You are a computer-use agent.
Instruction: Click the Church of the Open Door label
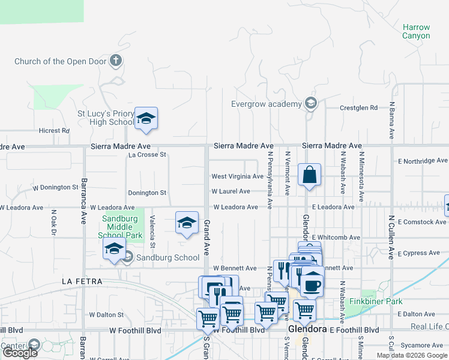coord(61,61)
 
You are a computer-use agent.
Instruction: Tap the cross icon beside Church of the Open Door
coord(116,61)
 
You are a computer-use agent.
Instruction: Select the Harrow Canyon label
coord(416,32)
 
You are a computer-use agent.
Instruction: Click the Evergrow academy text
coord(267,104)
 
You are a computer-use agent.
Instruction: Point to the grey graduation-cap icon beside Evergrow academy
coord(310,104)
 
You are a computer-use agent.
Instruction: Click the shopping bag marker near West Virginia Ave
coord(309,175)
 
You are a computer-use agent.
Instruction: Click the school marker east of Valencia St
coord(187,223)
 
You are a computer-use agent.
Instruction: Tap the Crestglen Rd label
coord(358,108)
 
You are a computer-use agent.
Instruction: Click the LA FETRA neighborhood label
coord(82,281)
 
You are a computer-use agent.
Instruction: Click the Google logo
coord(19,353)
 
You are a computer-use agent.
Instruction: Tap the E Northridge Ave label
coord(423,161)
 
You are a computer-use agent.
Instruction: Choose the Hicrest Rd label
coord(50,131)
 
